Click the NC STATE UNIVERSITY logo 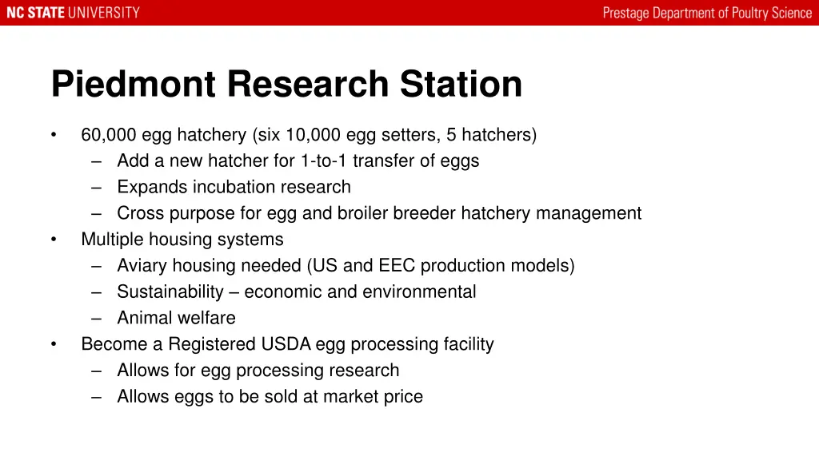click(x=73, y=13)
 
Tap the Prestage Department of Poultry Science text click(x=707, y=13)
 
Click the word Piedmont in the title click(x=133, y=85)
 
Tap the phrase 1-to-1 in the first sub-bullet click(x=325, y=161)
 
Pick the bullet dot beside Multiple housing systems click(x=54, y=240)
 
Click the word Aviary click(x=141, y=266)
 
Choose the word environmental click(x=419, y=292)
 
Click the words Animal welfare click(x=176, y=319)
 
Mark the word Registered click(x=212, y=344)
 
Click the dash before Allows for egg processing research click(x=97, y=371)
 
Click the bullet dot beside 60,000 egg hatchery click(x=54, y=135)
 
